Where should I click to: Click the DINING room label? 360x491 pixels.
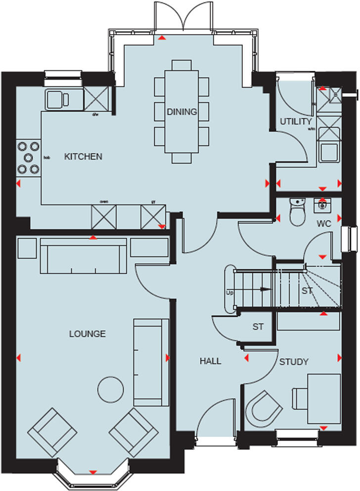tap(181, 112)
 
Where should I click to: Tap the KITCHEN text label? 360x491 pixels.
tap(83, 157)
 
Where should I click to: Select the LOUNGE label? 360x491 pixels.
tap(87, 334)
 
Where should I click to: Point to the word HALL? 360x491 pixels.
tap(210, 361)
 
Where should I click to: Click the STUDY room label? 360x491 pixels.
tap(294, 362)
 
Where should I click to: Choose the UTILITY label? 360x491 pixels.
tap(296, 121)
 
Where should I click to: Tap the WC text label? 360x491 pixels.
tap(324, 224)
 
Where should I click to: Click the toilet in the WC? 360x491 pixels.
tap(298, 213)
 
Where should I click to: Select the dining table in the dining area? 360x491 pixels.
tap(181, 112)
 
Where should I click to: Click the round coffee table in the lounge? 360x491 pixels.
tap(111, 390)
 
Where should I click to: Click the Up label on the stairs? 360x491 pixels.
tap(229, 293)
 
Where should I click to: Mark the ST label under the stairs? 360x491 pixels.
tap(307, 291)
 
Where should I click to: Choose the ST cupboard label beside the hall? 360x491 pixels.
tap(258, 327)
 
